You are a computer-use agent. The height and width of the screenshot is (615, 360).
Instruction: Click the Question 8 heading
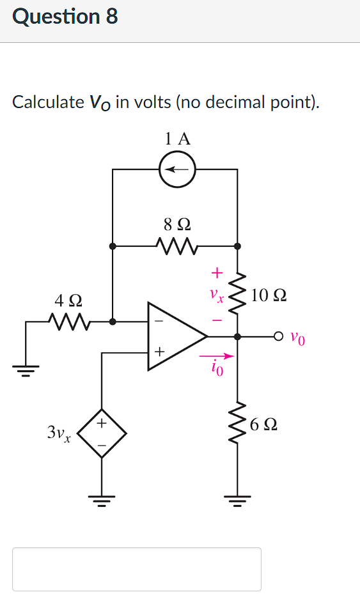(x=65, y=17)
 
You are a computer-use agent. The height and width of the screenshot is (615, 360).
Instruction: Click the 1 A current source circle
(x=177, y=169)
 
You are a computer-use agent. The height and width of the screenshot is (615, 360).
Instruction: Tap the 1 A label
(x=177, y=138)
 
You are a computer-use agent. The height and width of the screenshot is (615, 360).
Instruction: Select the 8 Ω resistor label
(x=177, y=224)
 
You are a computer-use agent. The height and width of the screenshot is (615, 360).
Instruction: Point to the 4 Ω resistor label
(x=68, y=300)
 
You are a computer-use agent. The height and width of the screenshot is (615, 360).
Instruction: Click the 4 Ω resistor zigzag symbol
(x=68, y=322)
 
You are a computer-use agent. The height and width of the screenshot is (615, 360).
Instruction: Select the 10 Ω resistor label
(x=269, y=295)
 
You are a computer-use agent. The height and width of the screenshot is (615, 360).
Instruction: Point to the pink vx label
(x=218, y=296)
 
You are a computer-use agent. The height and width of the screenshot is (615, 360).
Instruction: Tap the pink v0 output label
(x=297, y=338)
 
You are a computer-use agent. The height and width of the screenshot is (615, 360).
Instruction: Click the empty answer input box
(x=137, y=569)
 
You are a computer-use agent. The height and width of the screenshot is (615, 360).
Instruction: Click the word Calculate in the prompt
(x=48, y=102)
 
